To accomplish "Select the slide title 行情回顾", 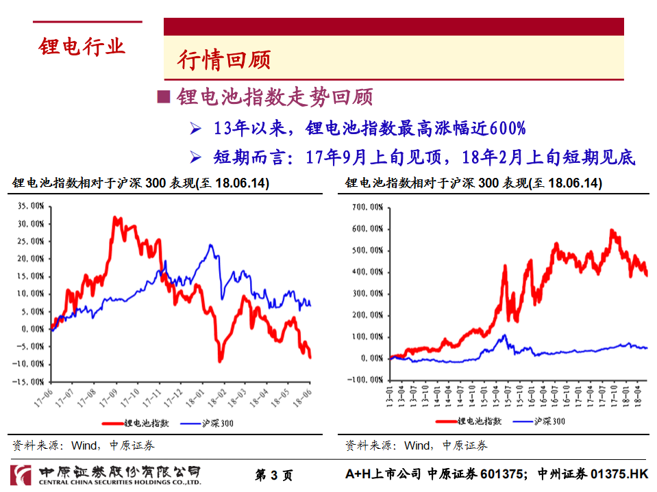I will tap(223, 60).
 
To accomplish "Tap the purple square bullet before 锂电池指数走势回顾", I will tap(163, 96).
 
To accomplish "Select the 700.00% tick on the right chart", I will tap(367, 207).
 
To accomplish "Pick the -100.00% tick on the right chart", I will tap(365, 379).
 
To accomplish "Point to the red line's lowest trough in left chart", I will tap(220, 360).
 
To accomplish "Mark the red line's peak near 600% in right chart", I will tap(611, 231).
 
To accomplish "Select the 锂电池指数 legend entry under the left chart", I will tap(142, 423).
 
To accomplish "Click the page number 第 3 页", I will tap(273, 475).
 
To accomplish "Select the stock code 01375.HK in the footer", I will tap(619, 474).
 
